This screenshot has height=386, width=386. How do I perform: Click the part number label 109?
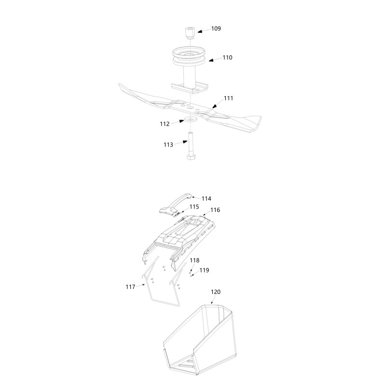tap(216, 28)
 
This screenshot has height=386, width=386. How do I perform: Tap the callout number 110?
tap(227, 57)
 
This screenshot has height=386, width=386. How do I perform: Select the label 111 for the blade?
tap(228, 98)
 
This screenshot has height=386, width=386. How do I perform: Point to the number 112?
tap(165, 124)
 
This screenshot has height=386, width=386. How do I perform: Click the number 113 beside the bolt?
tap(168, 145)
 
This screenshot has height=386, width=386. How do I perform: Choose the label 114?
tap(207, 199)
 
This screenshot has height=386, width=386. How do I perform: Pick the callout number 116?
tap(215, 210)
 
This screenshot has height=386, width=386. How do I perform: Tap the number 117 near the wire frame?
tap(130, 287)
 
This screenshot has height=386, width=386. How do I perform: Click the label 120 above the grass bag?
tap(216, 292)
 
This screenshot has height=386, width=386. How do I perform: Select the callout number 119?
tap(204, 270)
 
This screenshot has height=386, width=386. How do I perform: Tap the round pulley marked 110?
tap(189, 57)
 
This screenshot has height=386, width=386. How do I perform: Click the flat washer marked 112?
tap(190, 120)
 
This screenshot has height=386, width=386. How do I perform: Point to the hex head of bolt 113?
tap(191, 157)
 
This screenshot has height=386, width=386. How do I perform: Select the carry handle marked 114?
tap(176, 204)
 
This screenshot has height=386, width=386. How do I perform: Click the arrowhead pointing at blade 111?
tap(214, 106)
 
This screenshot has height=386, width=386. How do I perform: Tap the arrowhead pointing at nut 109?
tap(200, 31)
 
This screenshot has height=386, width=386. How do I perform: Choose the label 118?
tap(194, 261)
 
